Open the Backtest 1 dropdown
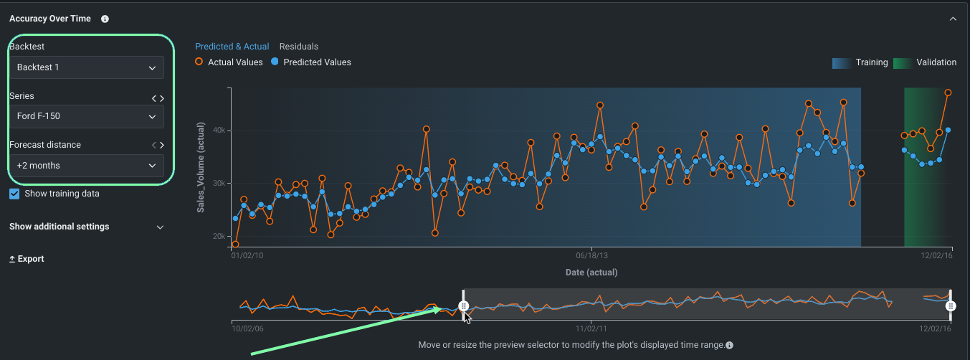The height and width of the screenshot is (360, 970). pyautogui.click(x=86, y=67)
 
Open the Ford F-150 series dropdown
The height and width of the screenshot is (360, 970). pyautogui.click(x=86, y=116)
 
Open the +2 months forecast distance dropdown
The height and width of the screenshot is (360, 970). pyautogui.click(x=86, y=166)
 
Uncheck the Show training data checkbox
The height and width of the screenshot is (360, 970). pyautogui.click(x=14, y=194)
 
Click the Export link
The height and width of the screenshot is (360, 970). pyautogui.click(x=27, y=259)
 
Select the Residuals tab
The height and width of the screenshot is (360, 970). pyautogui.click(x=298, y=47)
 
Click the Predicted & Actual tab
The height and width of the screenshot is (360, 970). pyautogui.click(x=232, y=47)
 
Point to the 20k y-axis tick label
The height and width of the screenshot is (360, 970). pyautogui.click(x=217, y=236)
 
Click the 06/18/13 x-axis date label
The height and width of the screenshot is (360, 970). pyautogui.click(x=591, y=255)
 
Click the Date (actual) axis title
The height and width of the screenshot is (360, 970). pyautogui.click(x=591, y=273)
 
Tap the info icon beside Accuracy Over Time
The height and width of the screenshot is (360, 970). pyautogui.click(x=105, y=19)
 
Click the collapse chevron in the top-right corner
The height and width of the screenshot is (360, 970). pyautogui.click(x=953, y=19)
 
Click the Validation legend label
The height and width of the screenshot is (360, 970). pyautogui.click(x=936, y=62)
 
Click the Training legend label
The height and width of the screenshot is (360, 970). pyautogui.click(x=871, y=62)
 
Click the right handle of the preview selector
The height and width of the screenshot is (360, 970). pyautogui.click(x=951, y=306)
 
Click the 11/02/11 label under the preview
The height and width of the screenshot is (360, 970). pyautogui.click(x=591, y=328)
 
